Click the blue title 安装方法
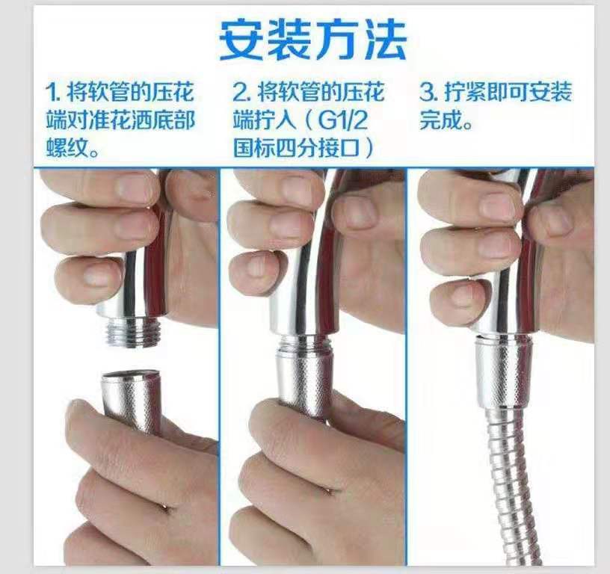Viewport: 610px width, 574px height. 312,40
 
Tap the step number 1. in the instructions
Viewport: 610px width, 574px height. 54,93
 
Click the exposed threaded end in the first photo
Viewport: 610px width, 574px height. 133,332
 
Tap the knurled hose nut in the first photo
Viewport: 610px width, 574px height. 132,401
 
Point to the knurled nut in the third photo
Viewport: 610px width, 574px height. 503,372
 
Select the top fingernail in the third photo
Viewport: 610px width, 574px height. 500,206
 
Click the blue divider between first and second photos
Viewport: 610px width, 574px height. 220,366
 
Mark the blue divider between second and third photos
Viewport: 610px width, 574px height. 407,366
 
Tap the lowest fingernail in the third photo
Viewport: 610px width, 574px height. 465,294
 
